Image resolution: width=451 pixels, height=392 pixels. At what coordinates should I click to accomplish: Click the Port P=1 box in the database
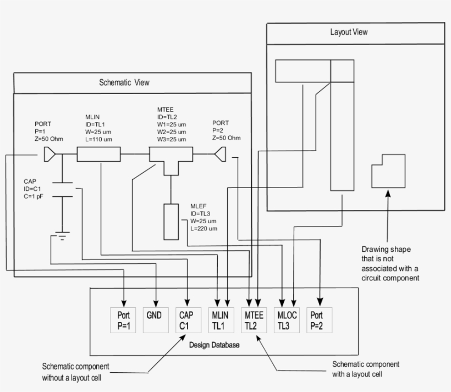click(124, 320)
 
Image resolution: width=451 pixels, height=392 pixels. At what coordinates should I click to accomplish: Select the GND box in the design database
click(156, 320)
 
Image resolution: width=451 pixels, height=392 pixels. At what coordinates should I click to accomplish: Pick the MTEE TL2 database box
click(254, 320)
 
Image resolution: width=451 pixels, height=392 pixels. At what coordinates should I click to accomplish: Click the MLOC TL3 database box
click(287, 320)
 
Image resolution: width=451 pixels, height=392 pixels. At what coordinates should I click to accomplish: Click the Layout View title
click(349, 32)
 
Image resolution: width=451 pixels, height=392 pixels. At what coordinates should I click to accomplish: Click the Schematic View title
click(124, 82)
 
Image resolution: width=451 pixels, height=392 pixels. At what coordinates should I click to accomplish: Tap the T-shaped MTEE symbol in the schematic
click(171, 159)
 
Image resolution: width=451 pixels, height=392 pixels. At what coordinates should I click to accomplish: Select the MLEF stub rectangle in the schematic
click(171, 221)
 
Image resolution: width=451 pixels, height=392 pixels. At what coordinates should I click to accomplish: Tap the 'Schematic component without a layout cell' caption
click(75, 372)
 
